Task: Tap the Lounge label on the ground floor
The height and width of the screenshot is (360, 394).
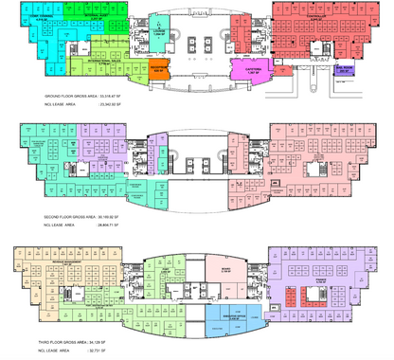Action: coord(158,30)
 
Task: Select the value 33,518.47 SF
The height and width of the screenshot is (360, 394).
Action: coord(116,97)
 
